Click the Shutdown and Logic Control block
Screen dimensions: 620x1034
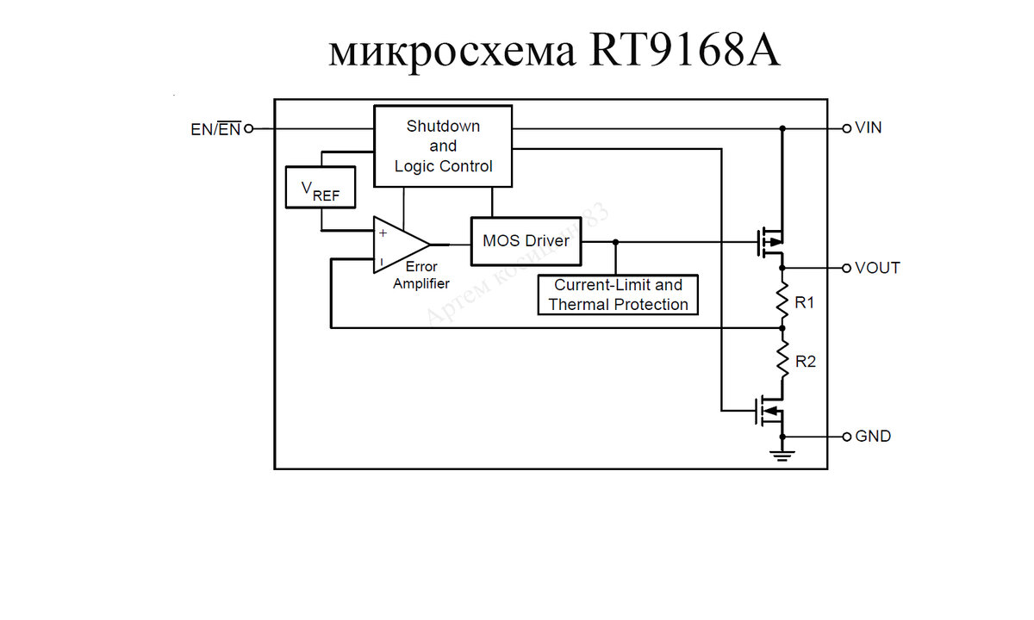click(x=442, y=146)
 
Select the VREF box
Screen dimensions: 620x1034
click(x=320, y=188)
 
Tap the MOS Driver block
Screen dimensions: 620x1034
click(x=526, y=241)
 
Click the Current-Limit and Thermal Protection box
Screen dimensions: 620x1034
click(x=618, y=294)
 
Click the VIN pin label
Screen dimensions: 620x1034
click(x=868, y=128)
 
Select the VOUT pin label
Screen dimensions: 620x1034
click(x=877, y=268)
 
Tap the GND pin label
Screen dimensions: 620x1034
click(x=873, y=437)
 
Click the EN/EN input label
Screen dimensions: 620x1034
click(x=215, y=129)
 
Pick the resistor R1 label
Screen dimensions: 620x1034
click(x=805, y=303)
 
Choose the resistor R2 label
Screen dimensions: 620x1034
click(x=805, y=362)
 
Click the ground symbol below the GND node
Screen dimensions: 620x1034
click(x=782, y=453)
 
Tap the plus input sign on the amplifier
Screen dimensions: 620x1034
click(x=383, y=232)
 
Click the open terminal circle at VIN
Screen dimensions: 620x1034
click(x=846, y=128)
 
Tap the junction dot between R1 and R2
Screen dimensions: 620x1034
click(x=782, y=327)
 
